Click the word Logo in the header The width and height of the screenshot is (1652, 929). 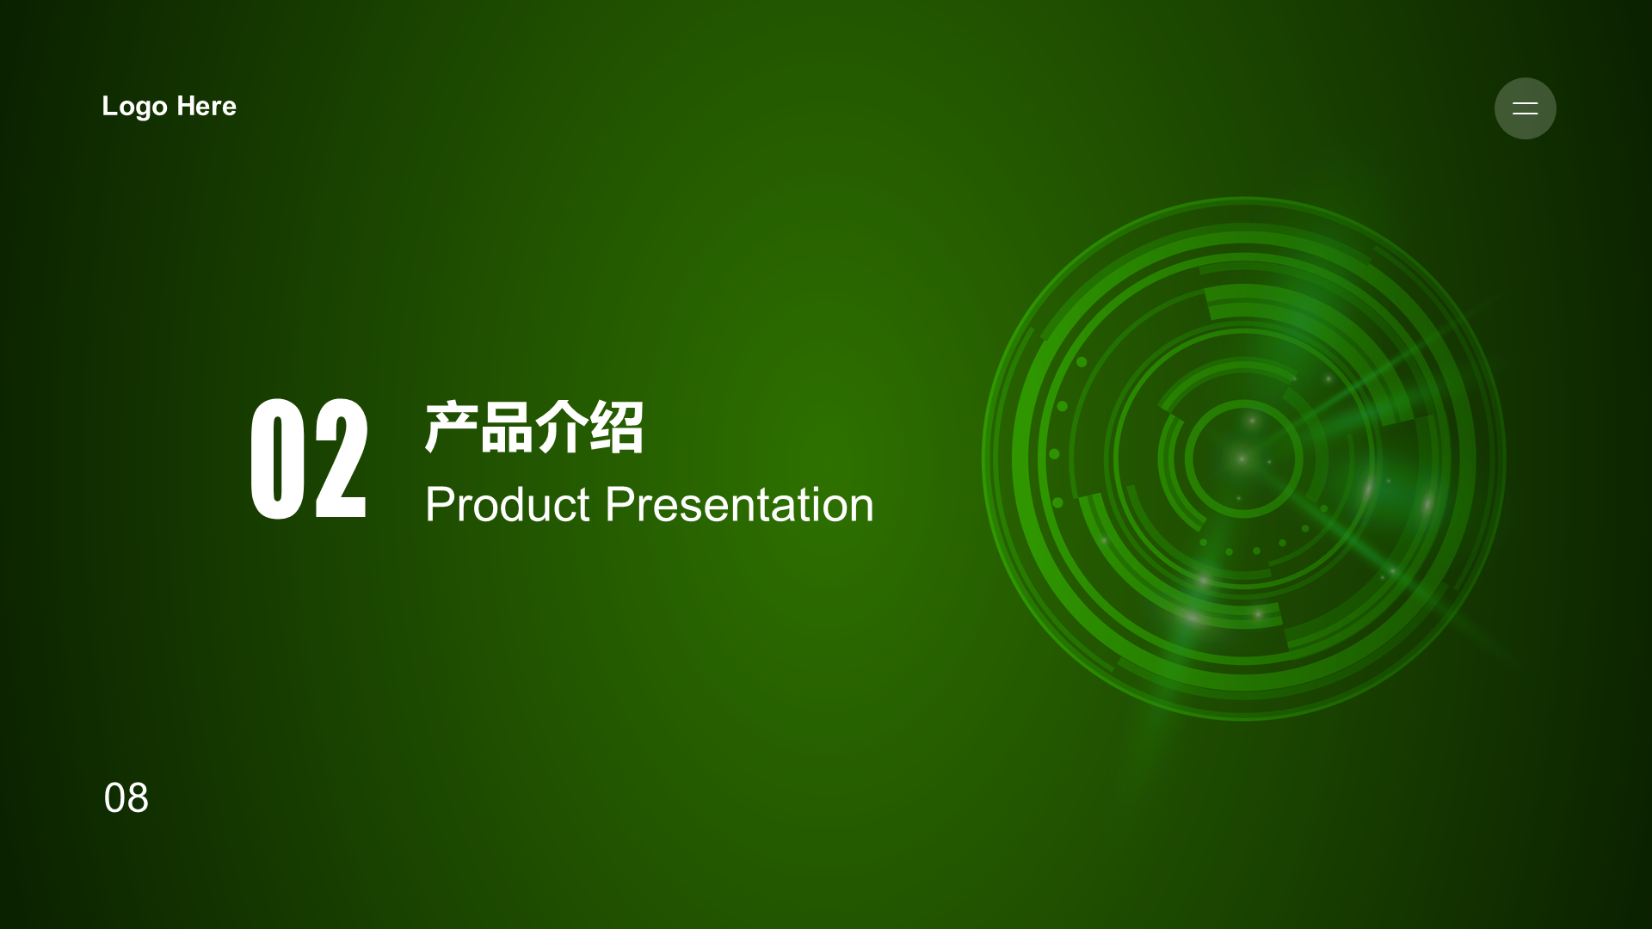click(x=135, y=107)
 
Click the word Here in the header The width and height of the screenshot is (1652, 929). click(x=206, y=106)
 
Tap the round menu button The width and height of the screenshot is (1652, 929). click(x=1525, y=108)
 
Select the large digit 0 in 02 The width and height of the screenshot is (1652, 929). click(x=277, y=458)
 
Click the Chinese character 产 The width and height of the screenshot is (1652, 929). click(x=451, y=427)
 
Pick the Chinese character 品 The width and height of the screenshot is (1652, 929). click(x=506, y=427)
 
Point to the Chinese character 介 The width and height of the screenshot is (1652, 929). click(x=561, y=427)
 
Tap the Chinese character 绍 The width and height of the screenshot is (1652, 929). click(x=616, y=427)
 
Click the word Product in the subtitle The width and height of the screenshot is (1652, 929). click(x=508, y=504)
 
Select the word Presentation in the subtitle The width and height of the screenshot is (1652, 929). click(x=739, y=504)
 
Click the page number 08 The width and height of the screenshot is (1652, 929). click(x=126, y=798)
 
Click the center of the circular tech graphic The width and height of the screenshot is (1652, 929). click(x=1243, y=458)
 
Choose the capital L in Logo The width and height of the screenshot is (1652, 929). click(x=110, y=106)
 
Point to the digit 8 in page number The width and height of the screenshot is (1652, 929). click(x=138, y=798)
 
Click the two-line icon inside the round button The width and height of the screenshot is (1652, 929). click(x=1525, y=108)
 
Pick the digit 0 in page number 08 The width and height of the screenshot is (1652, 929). click(x=114, y=798)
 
